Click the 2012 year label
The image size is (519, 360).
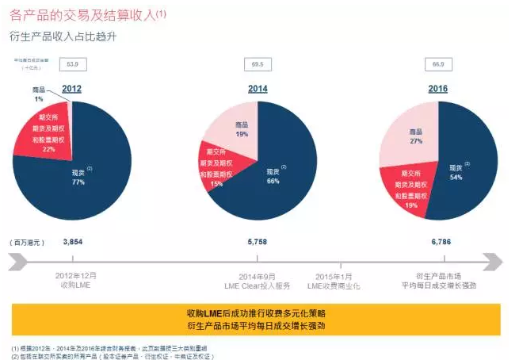pyautogui.click(x=72, y=89)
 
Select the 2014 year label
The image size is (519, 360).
pyautogui.click(x=258, y=89)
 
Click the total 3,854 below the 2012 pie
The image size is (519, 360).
pyautogui.click(x=72, y=239)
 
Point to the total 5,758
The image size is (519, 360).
pyautogui.click(x=258, y=239)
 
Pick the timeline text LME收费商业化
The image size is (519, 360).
pyautogui.click(x=341, y=284)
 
